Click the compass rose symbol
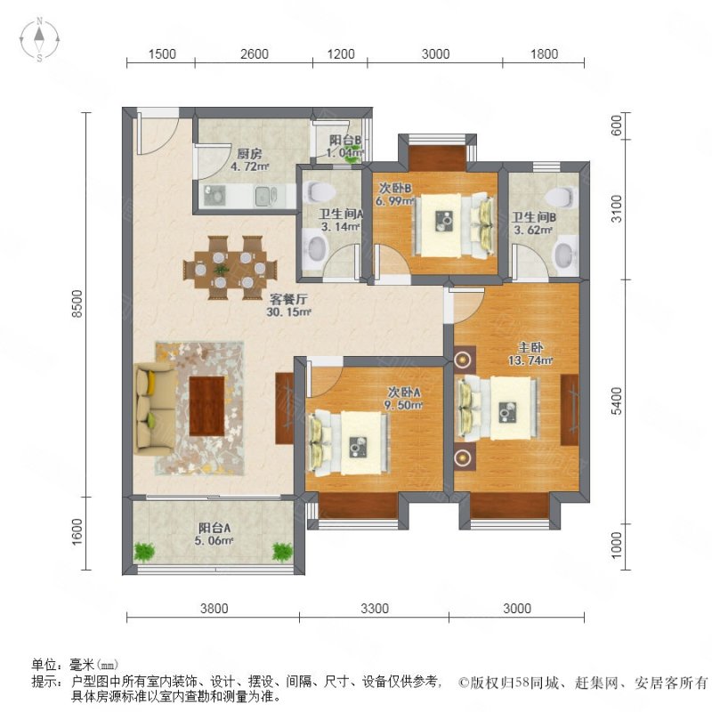(x=39, y=39)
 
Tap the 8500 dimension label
(x=77, y=303)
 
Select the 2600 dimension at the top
(x=255, y=54)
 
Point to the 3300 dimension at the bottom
(x=375, y=608)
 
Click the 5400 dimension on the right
(x=617, y=401)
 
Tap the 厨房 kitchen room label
(x=249, y=154)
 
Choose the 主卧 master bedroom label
(x=530, y=347)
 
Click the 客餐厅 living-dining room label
(x=288, y=299)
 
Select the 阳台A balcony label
(x=214, y=528)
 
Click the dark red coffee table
(x=206, y=406)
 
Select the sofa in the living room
(x=155, y=409)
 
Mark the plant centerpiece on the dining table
(x=222, y=270)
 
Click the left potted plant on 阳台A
(x=144, y=552)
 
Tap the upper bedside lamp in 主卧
(x=462, y=360)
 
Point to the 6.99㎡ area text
(x=394, y=201)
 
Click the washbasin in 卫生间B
(x=565, y=256)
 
